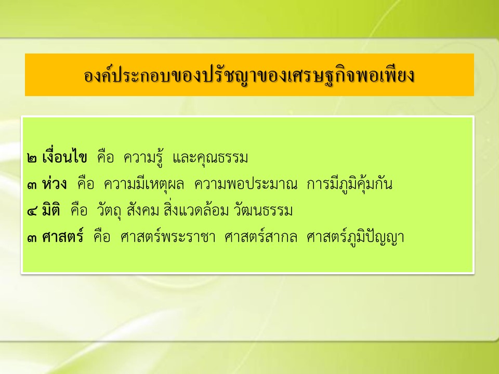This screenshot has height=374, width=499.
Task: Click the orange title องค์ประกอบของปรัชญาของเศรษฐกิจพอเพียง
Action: point(249,76)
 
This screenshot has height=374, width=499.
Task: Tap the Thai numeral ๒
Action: point(32,158)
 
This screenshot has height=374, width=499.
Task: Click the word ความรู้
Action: point(143,156)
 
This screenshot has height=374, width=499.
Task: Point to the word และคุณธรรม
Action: point(210,158)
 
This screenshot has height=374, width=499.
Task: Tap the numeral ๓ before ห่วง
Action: point(32,185)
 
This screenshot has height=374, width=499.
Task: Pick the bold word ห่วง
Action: point(55,183)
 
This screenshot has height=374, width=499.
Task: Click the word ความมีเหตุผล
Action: point(144,184)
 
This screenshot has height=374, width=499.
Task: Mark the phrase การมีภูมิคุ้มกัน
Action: point(349,183)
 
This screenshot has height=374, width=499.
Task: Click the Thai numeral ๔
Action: point(32,211)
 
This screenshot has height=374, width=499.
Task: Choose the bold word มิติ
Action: point(51,210)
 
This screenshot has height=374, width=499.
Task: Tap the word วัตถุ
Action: point(109,211)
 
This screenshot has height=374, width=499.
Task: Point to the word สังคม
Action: point(142,210)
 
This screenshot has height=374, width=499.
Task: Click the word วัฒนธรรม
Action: point(263,210)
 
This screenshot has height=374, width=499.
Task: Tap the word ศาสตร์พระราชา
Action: point(168,236)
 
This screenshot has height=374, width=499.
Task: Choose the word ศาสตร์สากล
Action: point(260,236)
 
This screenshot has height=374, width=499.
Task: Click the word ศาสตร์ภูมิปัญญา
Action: point(356,237)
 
